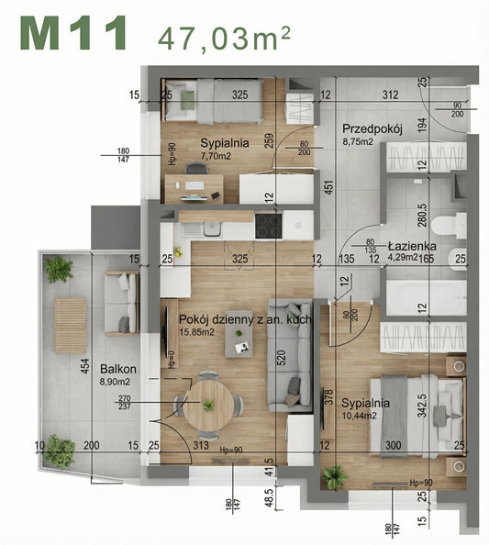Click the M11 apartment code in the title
pyautogui.click(x=72, y=34)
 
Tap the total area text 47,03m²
pyautogui.click(x=225, y=38)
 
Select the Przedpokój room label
pyautogui.click(x=372, y=129)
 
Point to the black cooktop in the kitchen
pyautogui.click(x=269, y=226)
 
